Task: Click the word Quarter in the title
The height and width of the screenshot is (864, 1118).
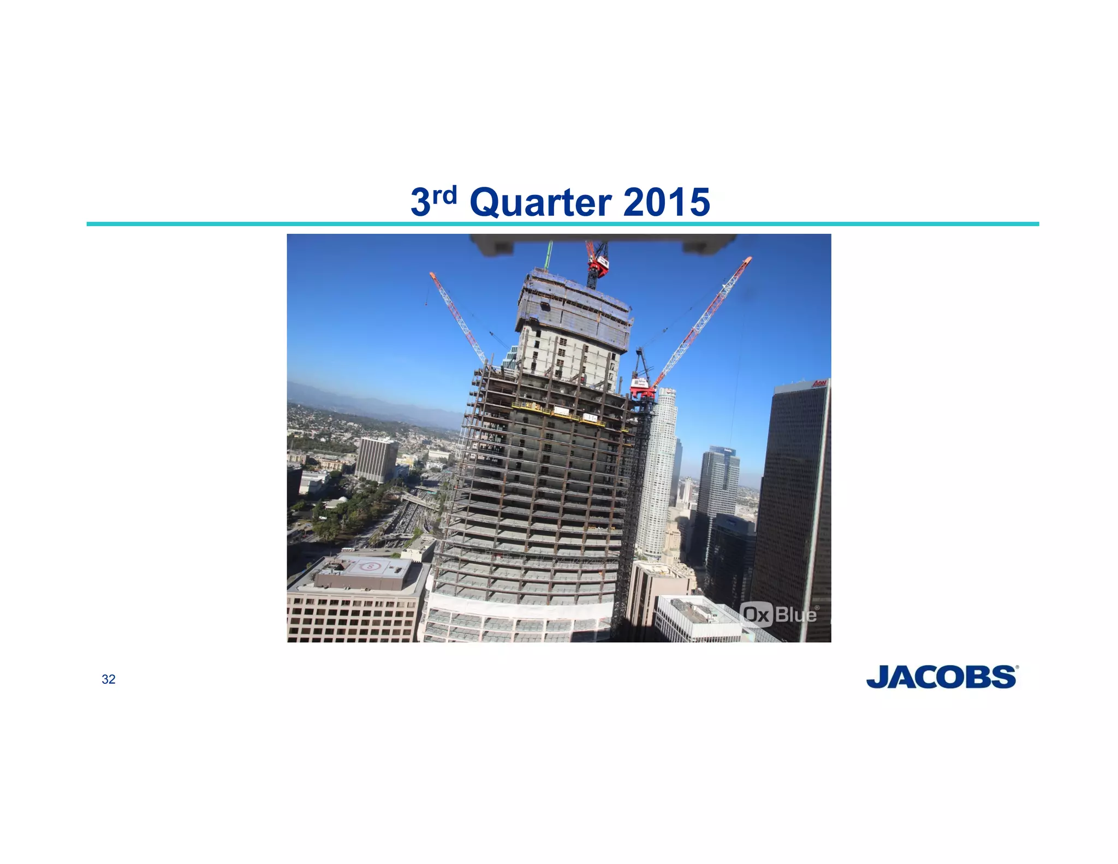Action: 540,203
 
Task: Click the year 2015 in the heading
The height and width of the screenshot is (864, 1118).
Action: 666,203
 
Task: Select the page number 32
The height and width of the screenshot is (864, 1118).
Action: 109,679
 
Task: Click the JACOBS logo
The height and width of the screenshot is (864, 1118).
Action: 942,677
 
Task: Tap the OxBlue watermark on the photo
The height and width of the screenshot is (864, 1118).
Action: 780,615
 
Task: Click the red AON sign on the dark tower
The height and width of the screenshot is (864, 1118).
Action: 819,384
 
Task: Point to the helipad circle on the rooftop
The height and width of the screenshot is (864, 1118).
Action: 371,566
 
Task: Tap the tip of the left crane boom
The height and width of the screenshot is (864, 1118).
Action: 432,274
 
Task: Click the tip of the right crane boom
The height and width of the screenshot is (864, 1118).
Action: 749,258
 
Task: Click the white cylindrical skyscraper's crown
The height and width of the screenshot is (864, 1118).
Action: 667,394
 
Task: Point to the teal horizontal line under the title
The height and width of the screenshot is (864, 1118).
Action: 562,224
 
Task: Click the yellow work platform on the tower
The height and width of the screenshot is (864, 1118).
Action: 557,413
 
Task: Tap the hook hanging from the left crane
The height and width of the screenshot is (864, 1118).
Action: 426,302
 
